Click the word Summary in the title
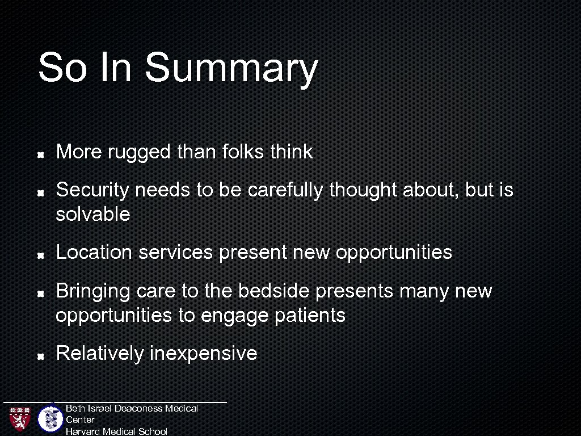231,68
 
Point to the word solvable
93,215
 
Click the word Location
94,252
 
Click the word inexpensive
203,354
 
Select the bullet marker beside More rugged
41,154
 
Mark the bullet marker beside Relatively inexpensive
41,355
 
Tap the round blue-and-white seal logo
50,419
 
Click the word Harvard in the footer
83,431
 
